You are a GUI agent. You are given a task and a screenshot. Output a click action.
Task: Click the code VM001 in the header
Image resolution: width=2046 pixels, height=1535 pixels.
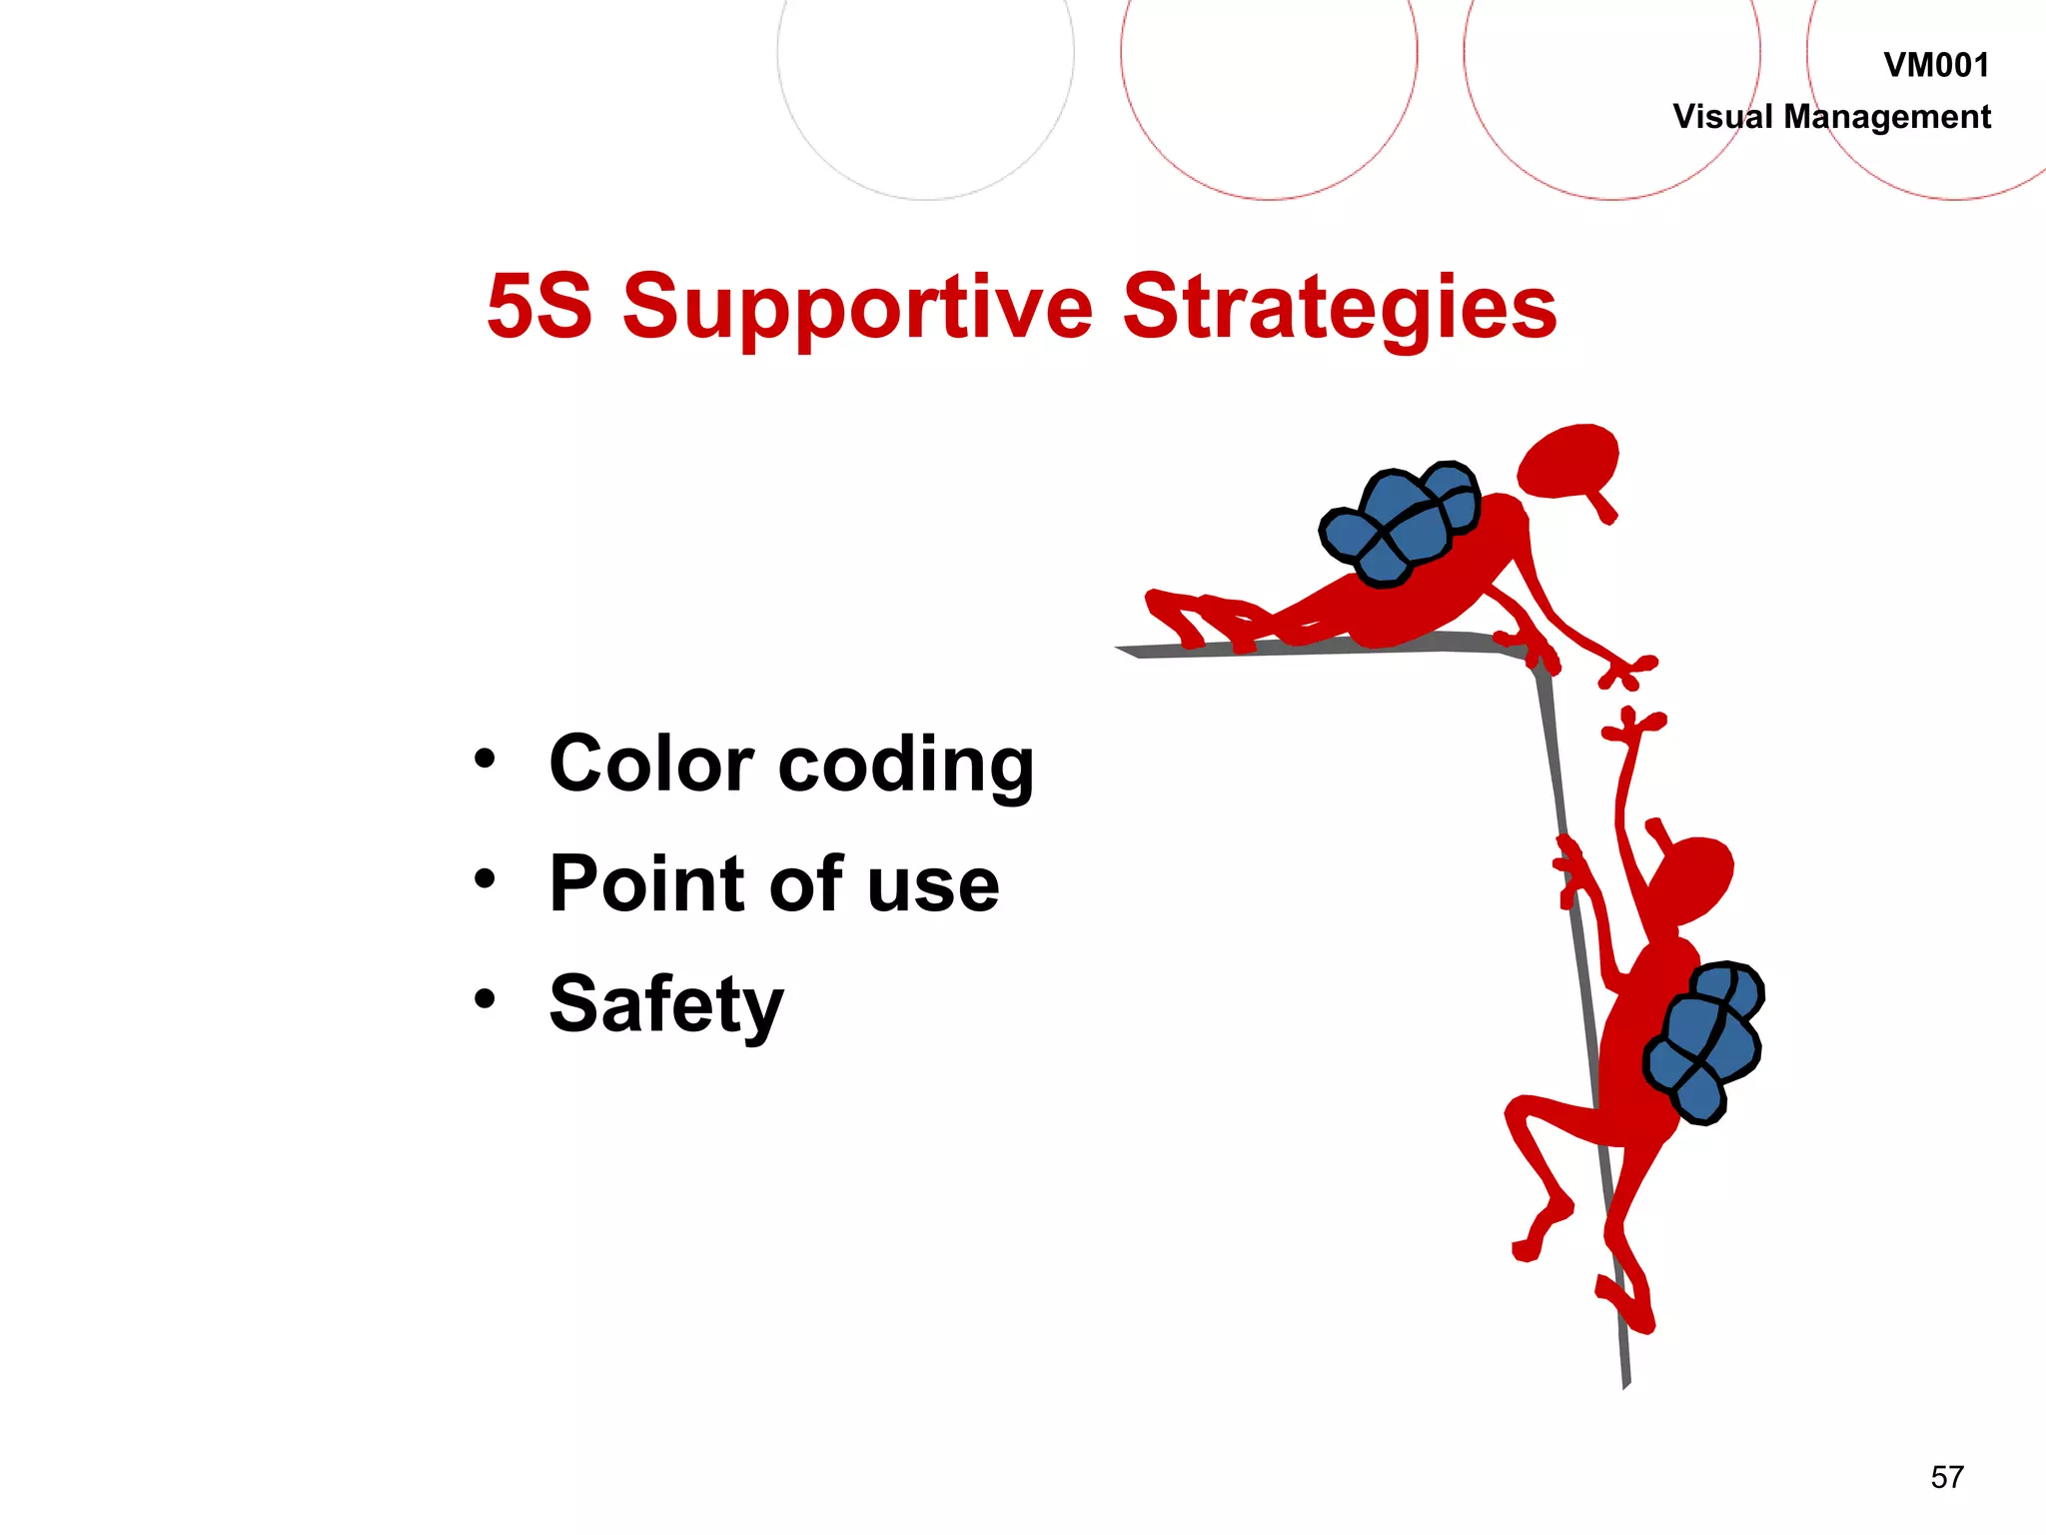point(1936,66)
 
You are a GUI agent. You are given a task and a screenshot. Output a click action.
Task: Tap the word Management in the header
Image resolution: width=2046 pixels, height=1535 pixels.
point(1887,117)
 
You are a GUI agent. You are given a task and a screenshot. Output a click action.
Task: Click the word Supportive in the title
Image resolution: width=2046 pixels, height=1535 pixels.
point(858,308)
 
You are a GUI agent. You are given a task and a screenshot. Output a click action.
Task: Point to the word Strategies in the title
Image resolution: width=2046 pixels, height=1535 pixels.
point(1339,308)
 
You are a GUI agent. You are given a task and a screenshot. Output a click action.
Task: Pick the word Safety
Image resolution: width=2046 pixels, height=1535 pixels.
point(666,1005)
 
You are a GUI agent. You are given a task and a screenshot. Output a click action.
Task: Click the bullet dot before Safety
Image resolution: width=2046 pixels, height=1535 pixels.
point(485,998)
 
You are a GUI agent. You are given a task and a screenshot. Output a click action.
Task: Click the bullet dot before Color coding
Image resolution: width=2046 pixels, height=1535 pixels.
point(485,759)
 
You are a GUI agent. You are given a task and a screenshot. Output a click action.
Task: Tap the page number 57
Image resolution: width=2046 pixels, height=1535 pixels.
point(1947,1477)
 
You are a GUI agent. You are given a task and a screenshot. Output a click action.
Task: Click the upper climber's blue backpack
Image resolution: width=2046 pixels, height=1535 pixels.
point(1399,525)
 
